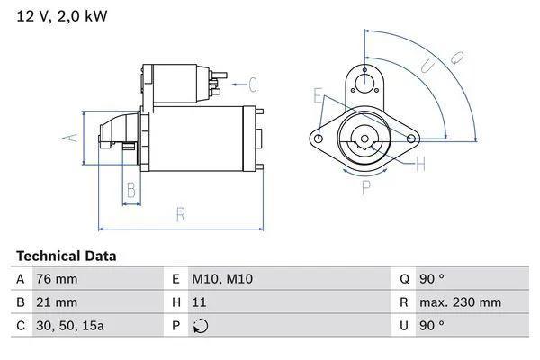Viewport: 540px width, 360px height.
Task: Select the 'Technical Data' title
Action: point(66,256)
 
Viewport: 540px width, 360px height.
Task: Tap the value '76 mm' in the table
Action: point(56,280)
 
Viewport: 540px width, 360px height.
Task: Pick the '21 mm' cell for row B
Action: point(56,302)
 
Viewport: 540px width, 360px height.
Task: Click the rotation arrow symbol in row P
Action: point(201,326)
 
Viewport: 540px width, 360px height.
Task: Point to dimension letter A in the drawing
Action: point(66,138)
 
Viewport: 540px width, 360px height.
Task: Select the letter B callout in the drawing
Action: point(130,190)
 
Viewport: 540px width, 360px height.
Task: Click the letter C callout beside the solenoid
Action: point(253,85)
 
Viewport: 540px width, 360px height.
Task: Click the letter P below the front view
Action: point(365,188)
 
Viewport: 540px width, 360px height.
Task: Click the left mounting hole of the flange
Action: point(318,139)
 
